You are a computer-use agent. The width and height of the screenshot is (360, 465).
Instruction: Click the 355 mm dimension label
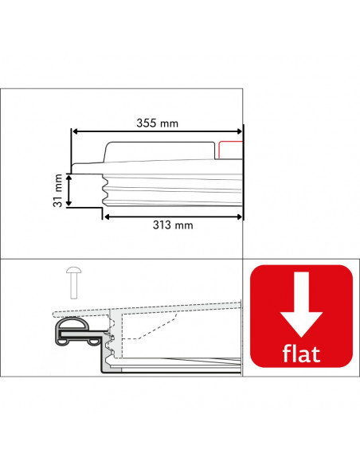157,123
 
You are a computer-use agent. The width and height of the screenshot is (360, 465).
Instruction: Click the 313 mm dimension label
173,225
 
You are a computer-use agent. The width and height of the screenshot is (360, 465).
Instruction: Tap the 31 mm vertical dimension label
58,190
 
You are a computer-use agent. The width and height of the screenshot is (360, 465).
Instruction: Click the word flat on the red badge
301,354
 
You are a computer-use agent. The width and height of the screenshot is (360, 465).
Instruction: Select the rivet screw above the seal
73,283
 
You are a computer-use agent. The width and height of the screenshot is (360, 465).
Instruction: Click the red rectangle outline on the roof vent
230,150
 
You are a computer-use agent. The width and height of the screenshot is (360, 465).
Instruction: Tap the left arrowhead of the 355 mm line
75,131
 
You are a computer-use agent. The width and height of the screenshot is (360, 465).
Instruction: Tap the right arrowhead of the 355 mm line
240,131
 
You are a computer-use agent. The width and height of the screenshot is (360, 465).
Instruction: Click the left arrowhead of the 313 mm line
108,217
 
